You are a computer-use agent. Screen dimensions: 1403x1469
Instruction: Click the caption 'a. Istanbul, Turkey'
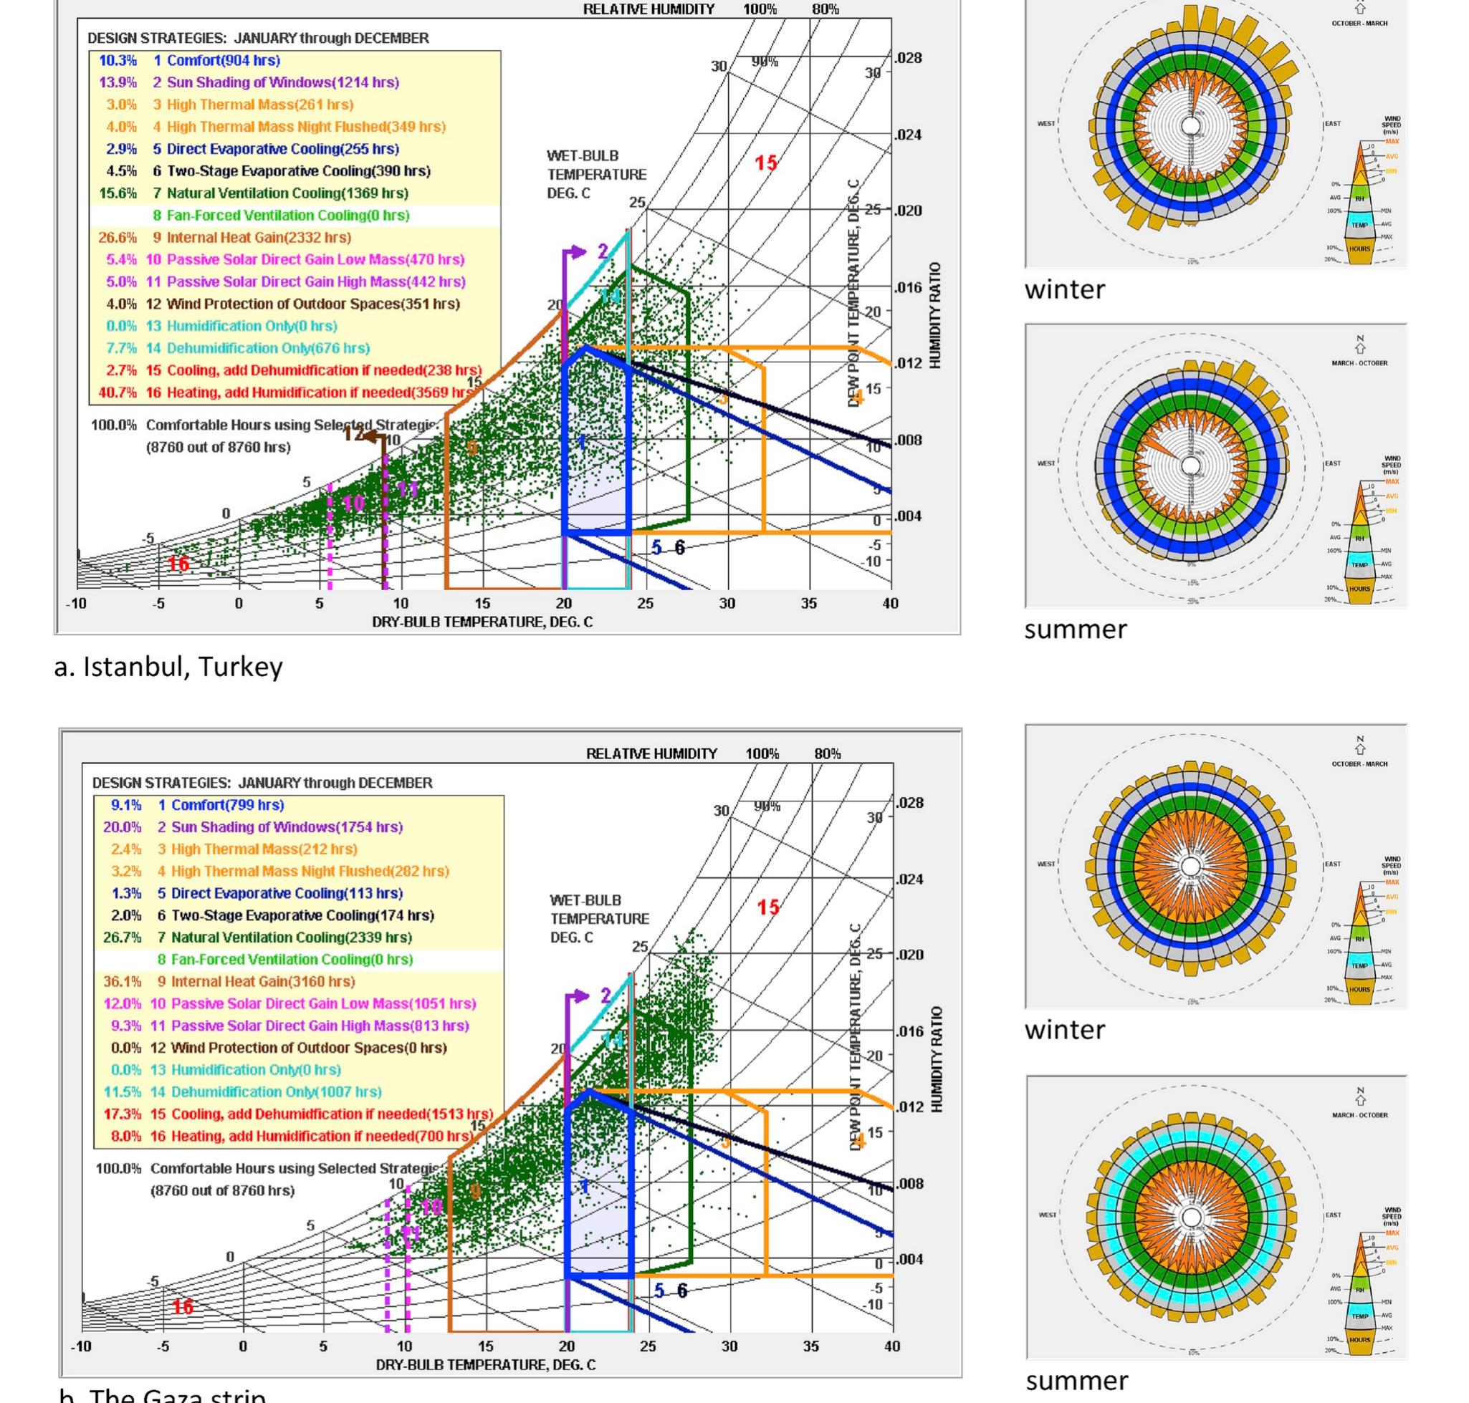pos(168,665)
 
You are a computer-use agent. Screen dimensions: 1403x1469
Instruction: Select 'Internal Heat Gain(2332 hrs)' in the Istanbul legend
pos(258,238)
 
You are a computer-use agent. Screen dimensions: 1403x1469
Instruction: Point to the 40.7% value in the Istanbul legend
pos(118,392)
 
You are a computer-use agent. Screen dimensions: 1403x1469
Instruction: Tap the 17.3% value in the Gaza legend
pos(122,1114)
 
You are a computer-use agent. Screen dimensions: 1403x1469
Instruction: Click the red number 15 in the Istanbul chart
pos(765,163)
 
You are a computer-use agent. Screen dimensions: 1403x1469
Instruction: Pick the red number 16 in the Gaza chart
pos(183,1306)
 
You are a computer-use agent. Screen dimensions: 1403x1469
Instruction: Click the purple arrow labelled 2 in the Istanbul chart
pos(576,253)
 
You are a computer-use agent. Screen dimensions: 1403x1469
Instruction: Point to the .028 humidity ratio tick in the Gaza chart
pos(910,802)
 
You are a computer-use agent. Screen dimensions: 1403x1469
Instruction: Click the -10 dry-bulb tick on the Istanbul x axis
pos(77,604)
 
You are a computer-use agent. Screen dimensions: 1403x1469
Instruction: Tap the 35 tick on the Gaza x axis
pos(810,1346)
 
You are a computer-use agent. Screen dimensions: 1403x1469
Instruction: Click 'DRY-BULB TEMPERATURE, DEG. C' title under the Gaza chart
pos(486,1365)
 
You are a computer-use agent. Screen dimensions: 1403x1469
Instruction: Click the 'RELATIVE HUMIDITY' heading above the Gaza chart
pos(651,753)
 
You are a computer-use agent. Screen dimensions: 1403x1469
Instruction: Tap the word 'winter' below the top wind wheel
pos(1063,289)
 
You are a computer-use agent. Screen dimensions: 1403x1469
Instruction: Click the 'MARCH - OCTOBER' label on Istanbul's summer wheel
pos(1359,364)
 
